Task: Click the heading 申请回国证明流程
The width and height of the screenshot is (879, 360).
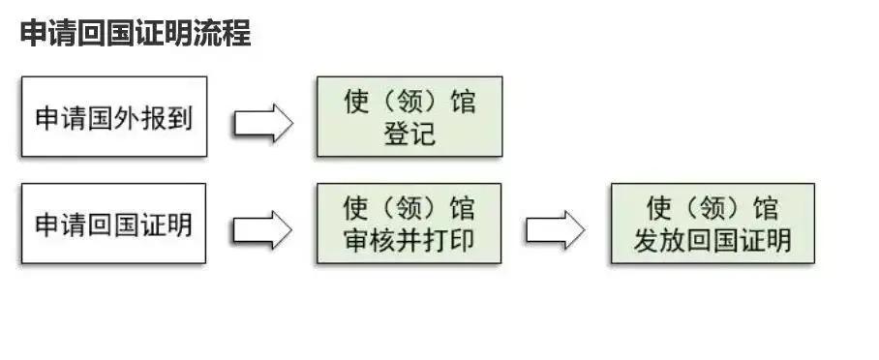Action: point(135,34)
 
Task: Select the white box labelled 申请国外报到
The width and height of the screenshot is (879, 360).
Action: point(114,117)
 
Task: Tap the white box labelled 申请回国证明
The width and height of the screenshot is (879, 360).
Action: point(114,224)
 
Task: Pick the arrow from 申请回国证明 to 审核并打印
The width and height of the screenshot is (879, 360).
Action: point(261,228)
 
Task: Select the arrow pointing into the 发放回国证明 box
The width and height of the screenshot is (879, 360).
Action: point(555,228)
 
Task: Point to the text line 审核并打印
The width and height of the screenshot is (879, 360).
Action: point(409,240)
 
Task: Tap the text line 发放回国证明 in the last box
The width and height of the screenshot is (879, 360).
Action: point(712,240)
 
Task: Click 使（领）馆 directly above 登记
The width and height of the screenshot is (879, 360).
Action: point(409,102)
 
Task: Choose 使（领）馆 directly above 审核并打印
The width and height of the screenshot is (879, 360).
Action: point(409,208)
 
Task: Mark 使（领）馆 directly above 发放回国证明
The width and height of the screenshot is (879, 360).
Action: point(712,208)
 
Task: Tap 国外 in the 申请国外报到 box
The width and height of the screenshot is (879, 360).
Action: point(114,118)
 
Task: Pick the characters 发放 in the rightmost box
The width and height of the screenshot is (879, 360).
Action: point(659,240)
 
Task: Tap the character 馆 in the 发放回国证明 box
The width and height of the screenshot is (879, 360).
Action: point(765,208)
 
